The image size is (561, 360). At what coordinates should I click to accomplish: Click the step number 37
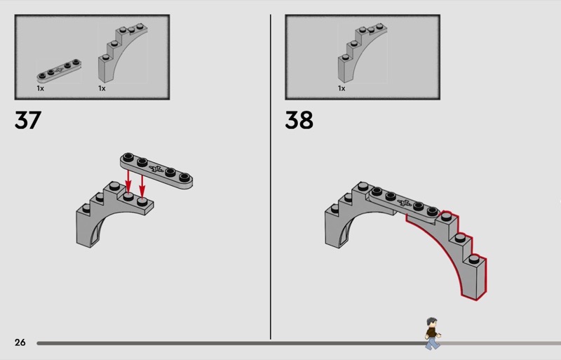click(x=28, y=120)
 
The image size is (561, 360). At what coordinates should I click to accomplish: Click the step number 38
click(x=299, y=120)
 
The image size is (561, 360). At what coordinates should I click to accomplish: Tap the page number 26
click(x=20, y=342)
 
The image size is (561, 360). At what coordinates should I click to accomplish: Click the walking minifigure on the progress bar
click(x=433, y=333)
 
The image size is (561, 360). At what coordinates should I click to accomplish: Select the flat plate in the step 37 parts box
click(x=59, y=71)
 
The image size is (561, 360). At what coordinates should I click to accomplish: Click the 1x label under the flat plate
click(x=41, y=88)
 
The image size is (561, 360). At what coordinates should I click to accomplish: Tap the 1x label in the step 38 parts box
click(x=342, y=88)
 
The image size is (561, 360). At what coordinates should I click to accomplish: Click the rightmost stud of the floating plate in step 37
click(x=184, y=177)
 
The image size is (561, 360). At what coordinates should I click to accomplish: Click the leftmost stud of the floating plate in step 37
click(x=128, y=157)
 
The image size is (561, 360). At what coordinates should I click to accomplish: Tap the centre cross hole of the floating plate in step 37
click(x=156, y=168)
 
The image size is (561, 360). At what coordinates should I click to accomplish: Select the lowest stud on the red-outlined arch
click(x=474, y=259)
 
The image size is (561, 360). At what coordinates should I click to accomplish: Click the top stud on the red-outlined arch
click(x=446, y=216)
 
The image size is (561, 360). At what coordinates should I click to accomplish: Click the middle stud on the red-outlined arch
click(x=460, y=237)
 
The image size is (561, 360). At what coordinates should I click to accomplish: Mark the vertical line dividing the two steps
click(x=271, y=177)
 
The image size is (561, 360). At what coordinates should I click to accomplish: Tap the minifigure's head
click(x=432, y=322)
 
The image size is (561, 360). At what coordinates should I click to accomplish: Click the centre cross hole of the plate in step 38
click(x=405, y=203)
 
